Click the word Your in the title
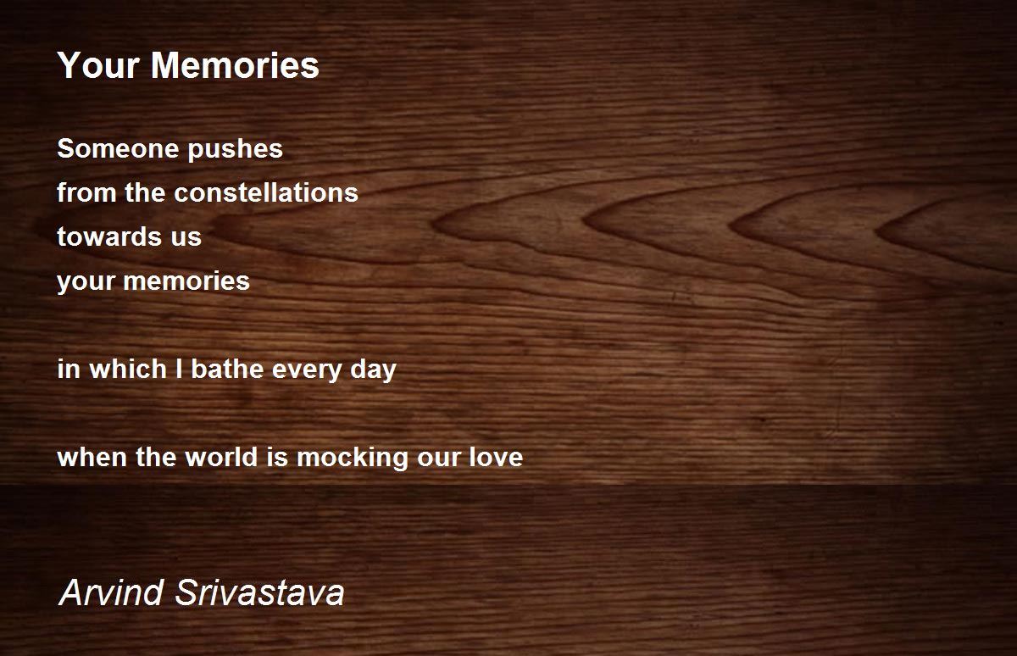98,65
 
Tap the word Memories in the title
236,65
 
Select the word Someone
118,148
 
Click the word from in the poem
86,192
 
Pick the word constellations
266,192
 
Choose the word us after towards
186,239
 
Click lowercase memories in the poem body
186,281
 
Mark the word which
128,369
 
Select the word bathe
227,369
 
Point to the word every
307,371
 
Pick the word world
221,457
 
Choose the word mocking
353,459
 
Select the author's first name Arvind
111,592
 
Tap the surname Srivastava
259,592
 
